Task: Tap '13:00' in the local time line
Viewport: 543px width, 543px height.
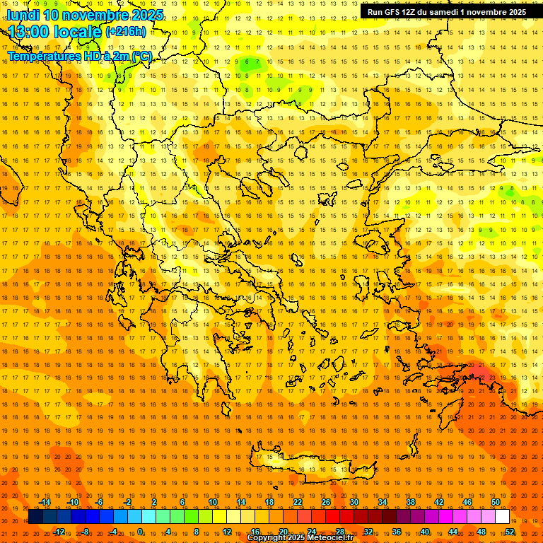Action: tap(28, 32)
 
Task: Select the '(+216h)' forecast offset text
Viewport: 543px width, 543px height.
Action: tap(126, 32)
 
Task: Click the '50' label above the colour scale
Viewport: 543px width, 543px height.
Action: tap(495, 502)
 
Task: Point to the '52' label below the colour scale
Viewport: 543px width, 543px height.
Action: tap(510, 532)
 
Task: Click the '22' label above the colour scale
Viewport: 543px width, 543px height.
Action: tap(298, 502)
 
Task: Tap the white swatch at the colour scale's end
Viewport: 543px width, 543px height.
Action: tap(502, 517)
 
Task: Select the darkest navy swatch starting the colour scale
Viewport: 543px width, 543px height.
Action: tap(35, 517)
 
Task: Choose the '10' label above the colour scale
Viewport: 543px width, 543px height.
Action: tap(213, 502)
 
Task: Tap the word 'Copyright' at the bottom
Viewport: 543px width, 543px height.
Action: tap(267, 538)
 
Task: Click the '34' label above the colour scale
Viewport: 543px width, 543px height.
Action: tap(383, 502)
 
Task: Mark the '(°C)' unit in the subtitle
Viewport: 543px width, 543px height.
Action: tap(140, 56)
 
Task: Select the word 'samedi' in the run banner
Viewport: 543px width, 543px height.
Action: tap(443, 12)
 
